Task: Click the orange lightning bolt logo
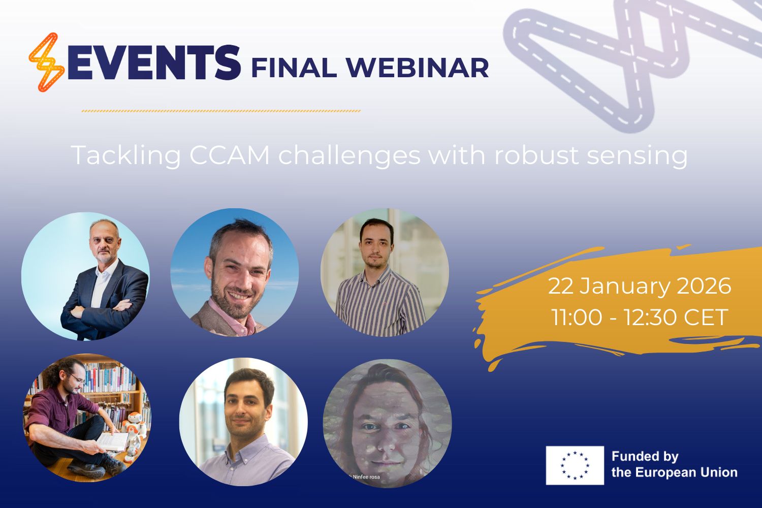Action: tap(47, 62)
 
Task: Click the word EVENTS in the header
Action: tap(154, 63)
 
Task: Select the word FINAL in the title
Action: tap(294, 68)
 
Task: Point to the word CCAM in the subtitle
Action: tap(230, 155)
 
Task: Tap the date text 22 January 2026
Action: tap(640, 286)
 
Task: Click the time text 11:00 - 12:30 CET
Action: tap(640, 317)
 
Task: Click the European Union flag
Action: tap(575, 465)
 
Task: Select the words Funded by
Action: tap(645, 457)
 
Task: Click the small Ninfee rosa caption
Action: tap(366, 477)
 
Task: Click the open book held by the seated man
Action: tap(113, 442)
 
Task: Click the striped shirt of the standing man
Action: tap(380, 303)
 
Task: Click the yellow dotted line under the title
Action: tap(221, 111)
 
